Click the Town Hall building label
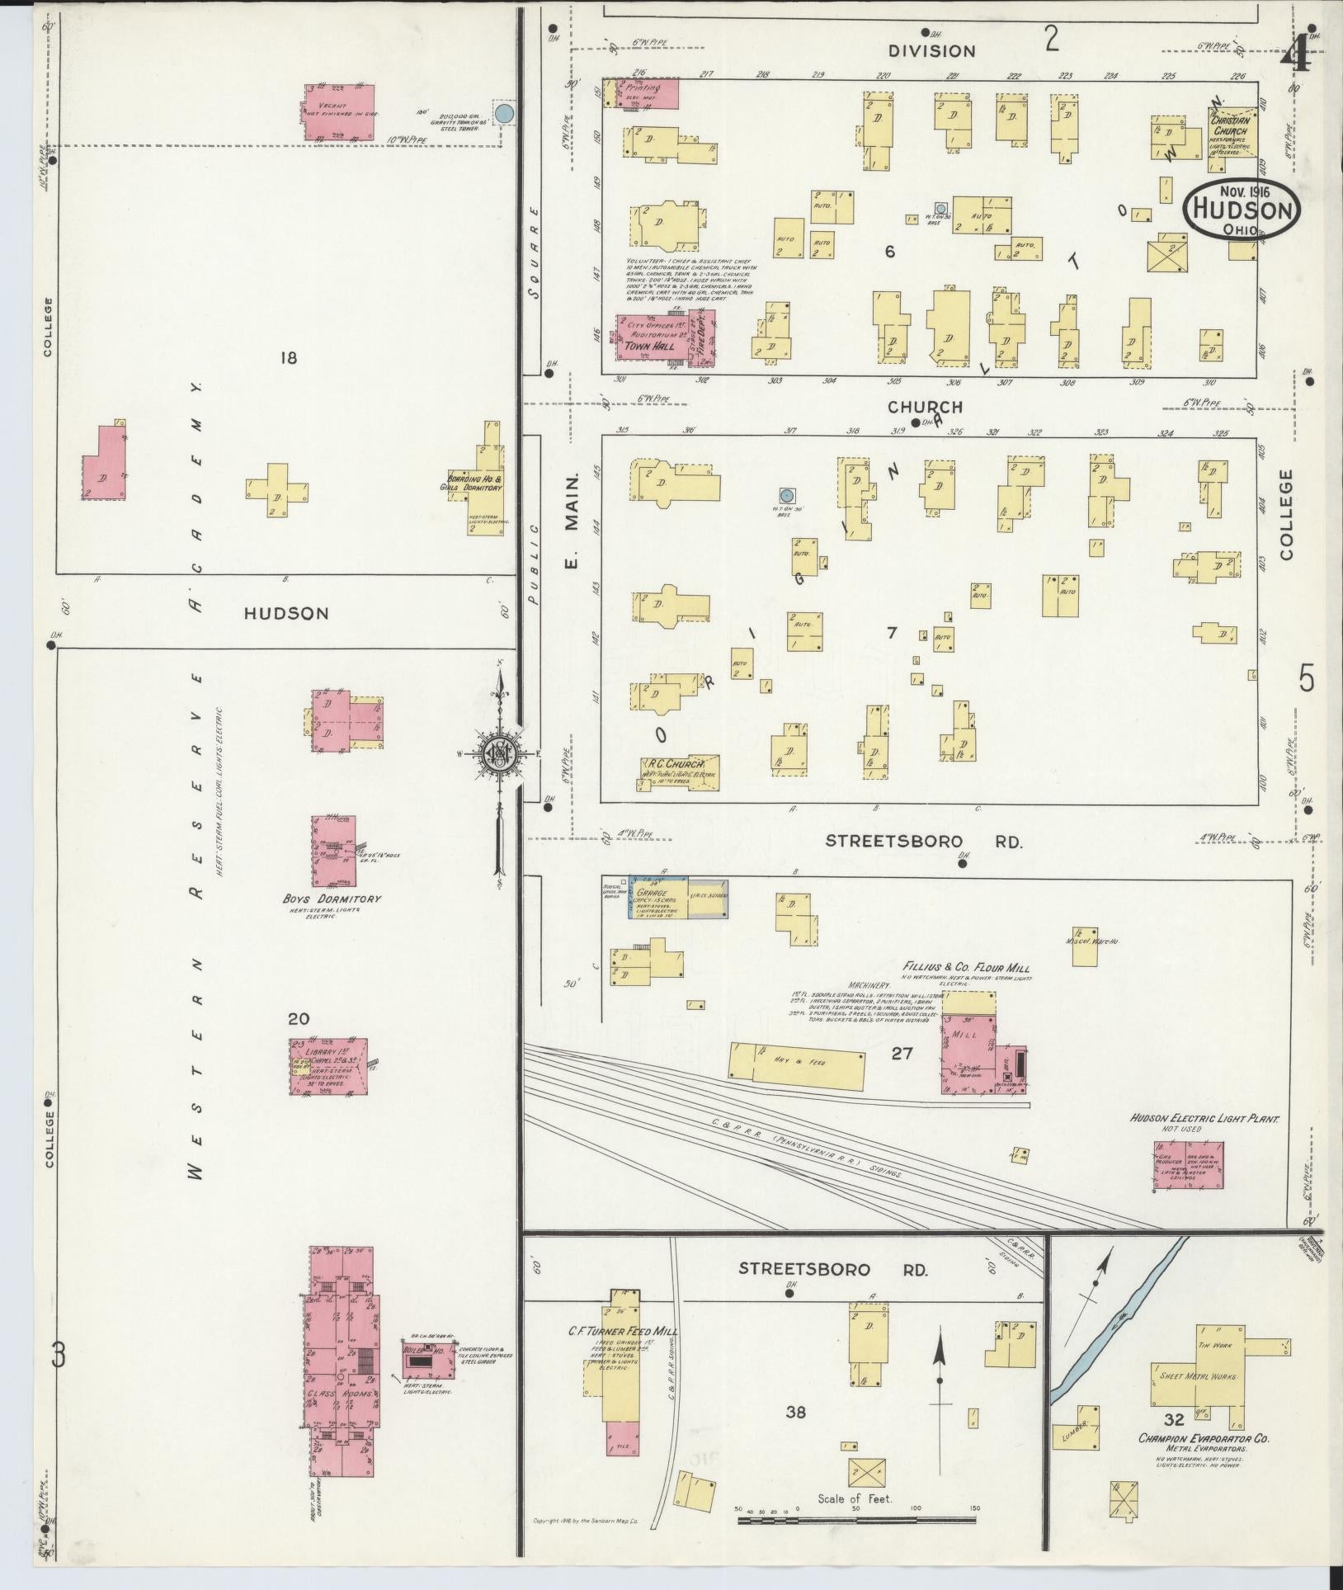[648, 347]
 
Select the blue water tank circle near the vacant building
[505, 113]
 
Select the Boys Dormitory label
[332, 899]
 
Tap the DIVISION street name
[931, 51]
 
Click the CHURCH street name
[925, 407]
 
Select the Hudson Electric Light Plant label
[1204, 1119]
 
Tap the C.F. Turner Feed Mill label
[612, 1331]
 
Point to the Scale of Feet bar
[859, 1518]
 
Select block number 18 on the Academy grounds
[288, 357]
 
